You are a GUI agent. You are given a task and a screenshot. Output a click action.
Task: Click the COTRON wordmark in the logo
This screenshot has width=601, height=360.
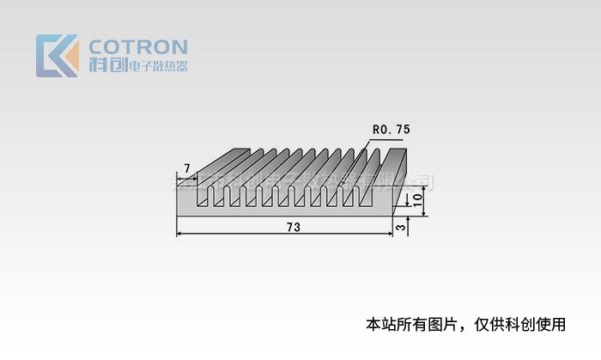pyautogui.click(x=138, y=46)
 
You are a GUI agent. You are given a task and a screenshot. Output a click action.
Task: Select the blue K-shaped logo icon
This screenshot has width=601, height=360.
pyautogui.click(x=52, y=55)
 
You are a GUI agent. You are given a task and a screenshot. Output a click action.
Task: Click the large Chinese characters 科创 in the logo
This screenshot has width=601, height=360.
pyautogui.click(x=106, y=66)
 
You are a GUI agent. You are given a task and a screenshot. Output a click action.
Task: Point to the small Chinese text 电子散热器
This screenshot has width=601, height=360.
pyautogui.click(x=158, y=66)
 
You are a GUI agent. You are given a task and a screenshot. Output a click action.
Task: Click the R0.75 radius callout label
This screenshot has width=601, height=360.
pyautogui.click(x=391, y=129)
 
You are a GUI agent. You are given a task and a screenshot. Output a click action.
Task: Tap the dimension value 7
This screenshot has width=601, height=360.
pyautogui.click(x=186, y=167)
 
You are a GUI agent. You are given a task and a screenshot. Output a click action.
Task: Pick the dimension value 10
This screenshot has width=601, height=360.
pyautogui.click(x=417, y=198)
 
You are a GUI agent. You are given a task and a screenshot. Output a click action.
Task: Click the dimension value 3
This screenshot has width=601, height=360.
pyautogui.click(x=401, y=227)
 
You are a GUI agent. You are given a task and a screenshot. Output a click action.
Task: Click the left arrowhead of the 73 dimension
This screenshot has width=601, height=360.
pyautogui.click(x=180, y=234)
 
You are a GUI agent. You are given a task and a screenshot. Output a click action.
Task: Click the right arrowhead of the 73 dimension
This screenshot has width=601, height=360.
pyautogui.click(x=389, y=234)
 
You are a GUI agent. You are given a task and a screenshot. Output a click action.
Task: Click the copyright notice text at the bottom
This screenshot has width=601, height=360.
pyautogui.click(x=466, y=325)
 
